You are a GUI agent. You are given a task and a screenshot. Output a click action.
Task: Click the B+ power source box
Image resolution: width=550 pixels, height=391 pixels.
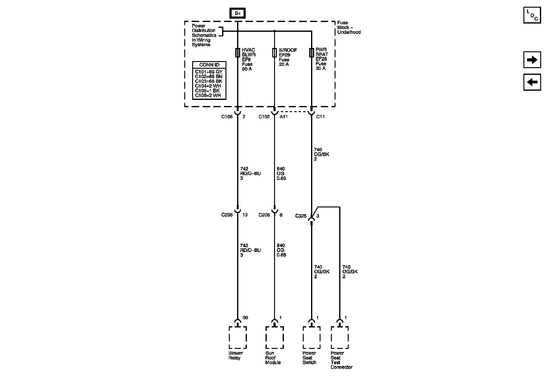237,13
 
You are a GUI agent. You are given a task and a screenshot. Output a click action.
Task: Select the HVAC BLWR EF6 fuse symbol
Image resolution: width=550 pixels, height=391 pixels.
237,53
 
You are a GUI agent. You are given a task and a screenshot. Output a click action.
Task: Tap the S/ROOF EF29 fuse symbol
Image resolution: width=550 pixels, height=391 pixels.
274,53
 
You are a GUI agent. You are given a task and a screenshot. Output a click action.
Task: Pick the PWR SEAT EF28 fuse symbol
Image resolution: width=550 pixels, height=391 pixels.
311,53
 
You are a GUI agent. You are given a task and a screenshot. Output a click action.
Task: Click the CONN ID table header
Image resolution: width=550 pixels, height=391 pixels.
209,65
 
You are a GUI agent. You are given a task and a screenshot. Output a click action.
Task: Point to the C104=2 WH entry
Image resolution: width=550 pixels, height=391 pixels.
208,86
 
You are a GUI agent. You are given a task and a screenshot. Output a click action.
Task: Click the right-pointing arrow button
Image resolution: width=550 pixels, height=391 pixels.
532,60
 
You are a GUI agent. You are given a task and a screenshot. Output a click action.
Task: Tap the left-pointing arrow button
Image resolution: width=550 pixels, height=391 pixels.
532,82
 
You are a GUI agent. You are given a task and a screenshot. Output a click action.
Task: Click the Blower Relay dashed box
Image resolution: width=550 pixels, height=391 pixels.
237,338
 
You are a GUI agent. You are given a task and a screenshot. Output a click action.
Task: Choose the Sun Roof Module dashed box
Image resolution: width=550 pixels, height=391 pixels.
274,338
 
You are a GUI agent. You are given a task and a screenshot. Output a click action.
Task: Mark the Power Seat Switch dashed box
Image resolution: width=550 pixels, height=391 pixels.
311,338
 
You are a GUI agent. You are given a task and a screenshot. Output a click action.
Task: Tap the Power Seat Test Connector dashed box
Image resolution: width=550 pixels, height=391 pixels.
339,338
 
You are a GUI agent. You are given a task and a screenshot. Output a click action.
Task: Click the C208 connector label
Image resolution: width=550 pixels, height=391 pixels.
227,215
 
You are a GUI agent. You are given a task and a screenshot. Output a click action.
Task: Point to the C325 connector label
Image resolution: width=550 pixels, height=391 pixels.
301,216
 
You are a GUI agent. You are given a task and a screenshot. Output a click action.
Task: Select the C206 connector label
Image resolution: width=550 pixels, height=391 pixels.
264,215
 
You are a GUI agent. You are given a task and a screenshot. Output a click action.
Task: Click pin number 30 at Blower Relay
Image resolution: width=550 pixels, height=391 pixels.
245,318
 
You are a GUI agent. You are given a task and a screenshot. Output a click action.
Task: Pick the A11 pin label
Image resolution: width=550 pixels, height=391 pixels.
284,116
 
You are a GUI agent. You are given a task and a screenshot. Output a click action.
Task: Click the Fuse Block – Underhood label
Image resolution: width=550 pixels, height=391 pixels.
349,27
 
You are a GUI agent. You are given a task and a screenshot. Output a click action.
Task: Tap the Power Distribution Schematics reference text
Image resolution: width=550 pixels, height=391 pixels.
204,35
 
